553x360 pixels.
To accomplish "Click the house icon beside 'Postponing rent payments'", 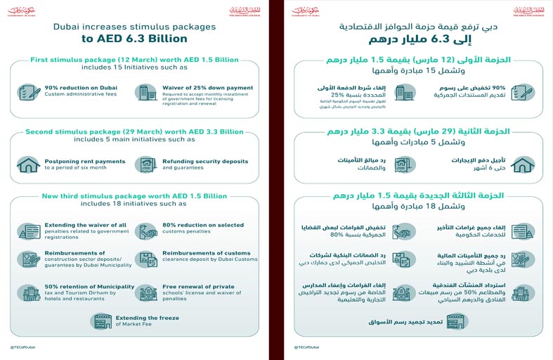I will pyautogui.click(x=29, y=164).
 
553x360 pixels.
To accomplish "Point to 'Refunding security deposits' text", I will pyautogui.click(x=205, y=161).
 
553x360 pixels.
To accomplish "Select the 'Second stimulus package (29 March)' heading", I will pyautogui.click(x=134, y=131).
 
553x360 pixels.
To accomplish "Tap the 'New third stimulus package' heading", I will pyautogui.click(x=134, y=195).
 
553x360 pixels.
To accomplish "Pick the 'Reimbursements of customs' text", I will pyautogui.click(x=206, y=252).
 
